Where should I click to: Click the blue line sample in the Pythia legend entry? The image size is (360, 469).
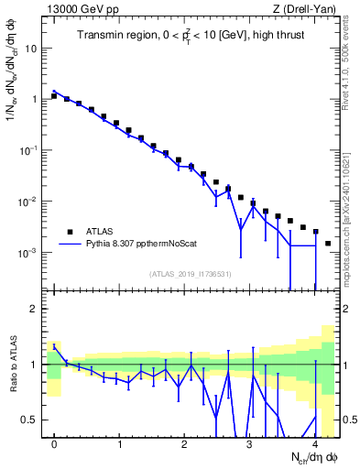pyautogui.click(x=70, y=245)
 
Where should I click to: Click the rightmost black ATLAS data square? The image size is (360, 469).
pyautogui.click(x=328, y=244)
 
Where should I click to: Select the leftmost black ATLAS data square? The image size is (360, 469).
pyautogui.click(x=55, y=95)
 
